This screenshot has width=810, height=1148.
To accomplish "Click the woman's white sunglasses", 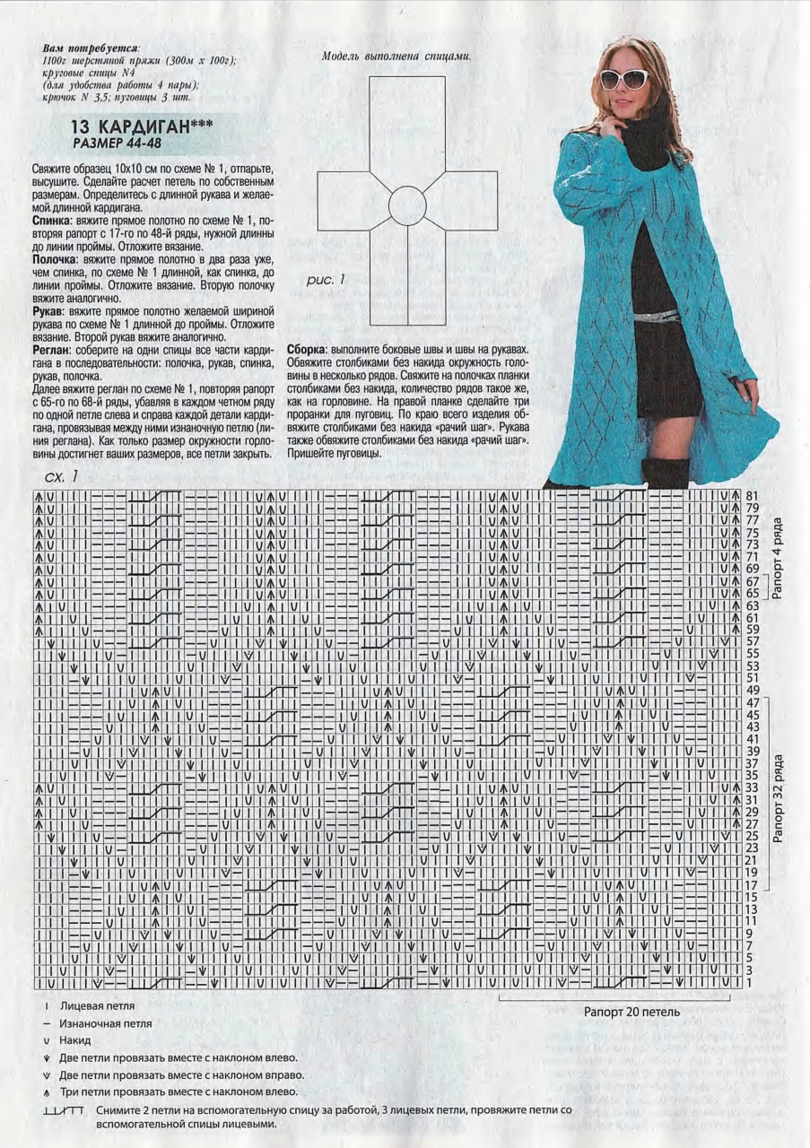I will click(x=624, y=79).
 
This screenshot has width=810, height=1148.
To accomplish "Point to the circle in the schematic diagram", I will click(x=407, y=205).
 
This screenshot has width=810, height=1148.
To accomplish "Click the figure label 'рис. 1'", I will click(x=326, y=280).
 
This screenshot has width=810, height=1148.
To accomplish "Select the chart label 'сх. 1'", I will click(x=59, y=475).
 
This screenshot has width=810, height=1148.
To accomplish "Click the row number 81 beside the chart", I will click(x=752, y=496).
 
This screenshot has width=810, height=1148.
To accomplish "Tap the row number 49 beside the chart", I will click(x=752, y=690).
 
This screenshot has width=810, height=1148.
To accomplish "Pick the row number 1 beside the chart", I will click(x=749, y=983).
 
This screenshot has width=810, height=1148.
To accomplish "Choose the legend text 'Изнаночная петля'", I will click(x=105, y=1023).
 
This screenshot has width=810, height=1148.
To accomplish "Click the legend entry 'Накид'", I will click(x=75, y=1040).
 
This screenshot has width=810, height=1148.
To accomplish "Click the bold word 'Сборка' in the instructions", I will click(x=307, y=349).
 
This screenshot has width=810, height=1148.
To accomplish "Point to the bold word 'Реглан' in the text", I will click(x=52, y=349).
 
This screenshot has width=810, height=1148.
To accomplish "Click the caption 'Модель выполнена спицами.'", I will click(x=396, y=57).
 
